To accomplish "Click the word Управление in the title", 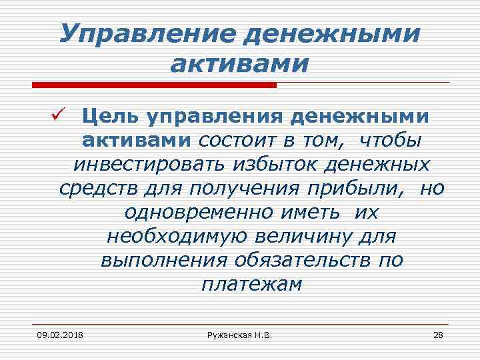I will (147, 34).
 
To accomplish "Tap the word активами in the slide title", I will (239, 65).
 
